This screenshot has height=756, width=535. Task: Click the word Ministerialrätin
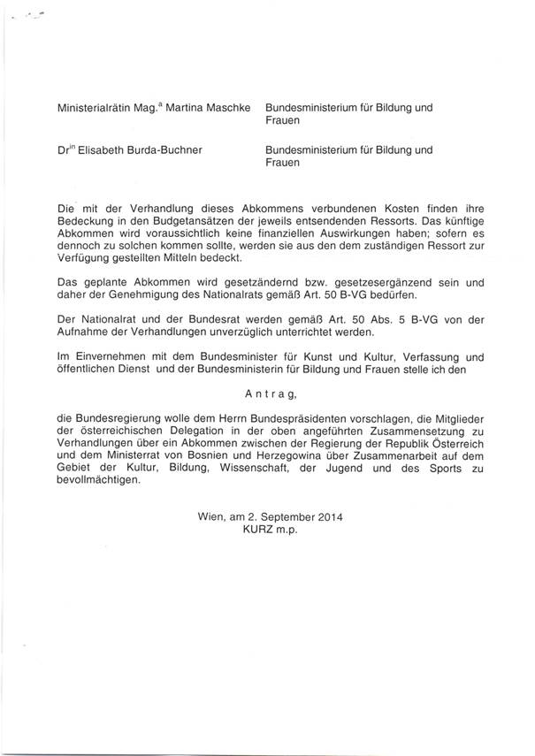(88, 108)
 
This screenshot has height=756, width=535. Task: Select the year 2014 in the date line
(326, 515)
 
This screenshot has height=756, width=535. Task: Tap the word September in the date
(280, 515)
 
